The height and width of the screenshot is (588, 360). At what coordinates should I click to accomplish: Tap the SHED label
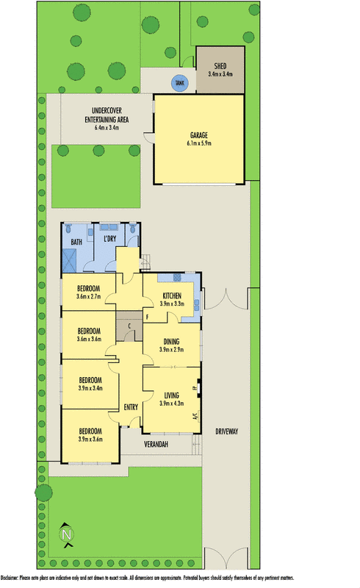point(220,65)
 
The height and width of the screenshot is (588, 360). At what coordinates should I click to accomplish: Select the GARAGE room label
point(198,135)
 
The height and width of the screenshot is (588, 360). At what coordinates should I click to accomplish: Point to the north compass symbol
point(66,534)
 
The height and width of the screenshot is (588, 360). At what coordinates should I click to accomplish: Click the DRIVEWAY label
point(226,431)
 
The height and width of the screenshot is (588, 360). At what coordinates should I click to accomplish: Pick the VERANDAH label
point(156,445)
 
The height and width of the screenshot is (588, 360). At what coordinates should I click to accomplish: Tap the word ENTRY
point(132,406)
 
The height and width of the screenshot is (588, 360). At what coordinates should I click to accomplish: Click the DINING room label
point(171,342)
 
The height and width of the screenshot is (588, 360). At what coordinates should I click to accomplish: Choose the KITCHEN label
point(171,295)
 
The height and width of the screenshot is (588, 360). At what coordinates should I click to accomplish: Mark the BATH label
point(76,242)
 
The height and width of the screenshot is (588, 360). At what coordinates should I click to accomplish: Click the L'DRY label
point(111,239)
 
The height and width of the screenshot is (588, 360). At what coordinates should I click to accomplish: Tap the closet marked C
point(129,326)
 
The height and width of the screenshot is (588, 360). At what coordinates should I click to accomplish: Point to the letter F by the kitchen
point(147,317)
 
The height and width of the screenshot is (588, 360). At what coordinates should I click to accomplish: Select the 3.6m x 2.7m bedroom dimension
point(90,297)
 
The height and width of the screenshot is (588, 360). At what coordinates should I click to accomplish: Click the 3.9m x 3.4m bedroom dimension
point(90,388)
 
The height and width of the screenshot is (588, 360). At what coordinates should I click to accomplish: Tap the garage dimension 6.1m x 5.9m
point(198,144)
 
